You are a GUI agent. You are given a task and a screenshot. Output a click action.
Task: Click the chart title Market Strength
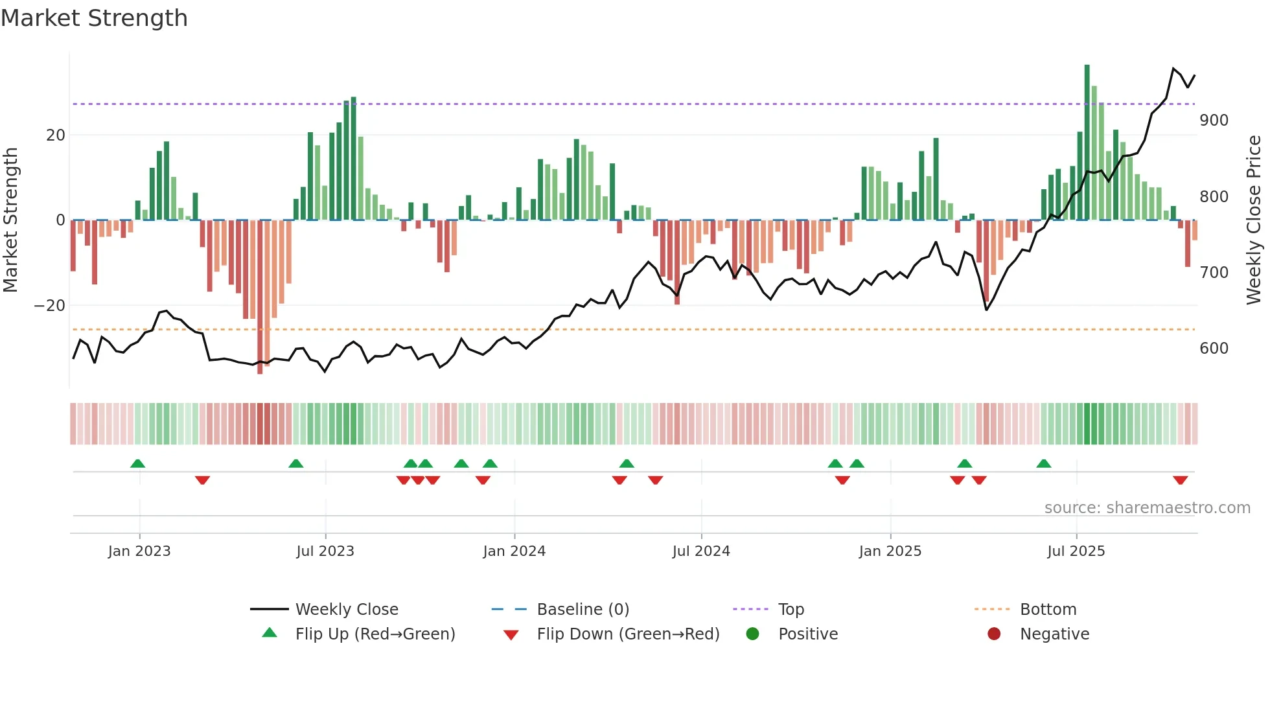coord(94,18)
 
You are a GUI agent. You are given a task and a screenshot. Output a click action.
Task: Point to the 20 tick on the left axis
coord(56,135)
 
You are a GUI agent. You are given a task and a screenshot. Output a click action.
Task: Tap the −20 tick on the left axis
coord(50,306)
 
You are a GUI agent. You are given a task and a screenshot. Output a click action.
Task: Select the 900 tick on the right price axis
coord(1214,121)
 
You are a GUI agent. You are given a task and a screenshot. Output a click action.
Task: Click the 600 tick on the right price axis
coord(1214,349)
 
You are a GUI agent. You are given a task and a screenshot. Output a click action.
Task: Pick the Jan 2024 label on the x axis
coord(514,551)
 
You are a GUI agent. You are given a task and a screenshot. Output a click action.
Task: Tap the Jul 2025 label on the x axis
coord(1076,551)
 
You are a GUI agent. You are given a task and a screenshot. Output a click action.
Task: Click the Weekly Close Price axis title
coord(1254,220)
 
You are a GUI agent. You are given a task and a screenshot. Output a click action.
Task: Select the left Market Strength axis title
coord(10,220)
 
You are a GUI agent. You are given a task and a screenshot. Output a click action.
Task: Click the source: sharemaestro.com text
coord(1147,508)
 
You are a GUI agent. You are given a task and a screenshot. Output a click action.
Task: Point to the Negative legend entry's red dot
coord(993,634)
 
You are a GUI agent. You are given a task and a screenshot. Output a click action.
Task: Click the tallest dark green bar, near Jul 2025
coord(1087,143)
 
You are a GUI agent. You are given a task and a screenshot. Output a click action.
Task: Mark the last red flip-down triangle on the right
coord(1180,480)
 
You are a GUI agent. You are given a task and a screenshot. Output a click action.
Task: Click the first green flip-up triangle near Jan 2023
coord(137,463)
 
